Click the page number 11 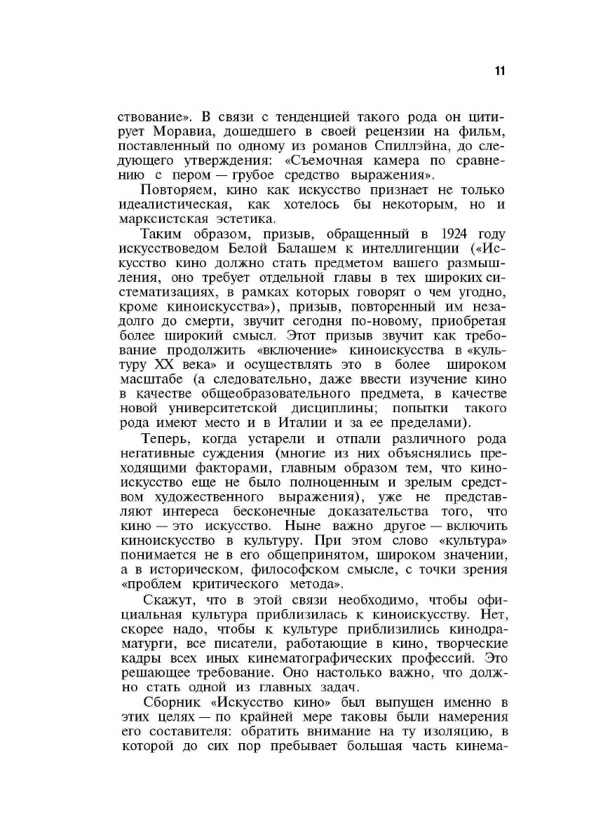pyautogui.click(x=500, y=70)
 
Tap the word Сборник pyautogui.click(x=171, y=701)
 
